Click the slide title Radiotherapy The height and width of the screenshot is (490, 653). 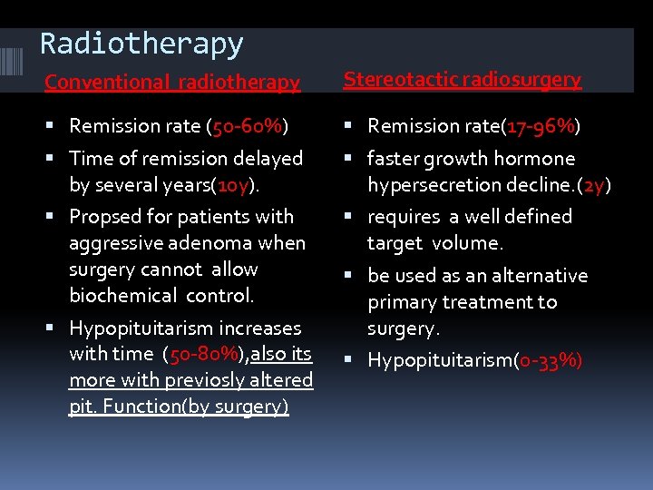click(141, 43)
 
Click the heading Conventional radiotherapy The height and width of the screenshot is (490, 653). click(172, 82)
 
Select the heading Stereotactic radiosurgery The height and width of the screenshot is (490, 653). click(462, 79)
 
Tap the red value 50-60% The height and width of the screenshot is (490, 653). click(249, 125)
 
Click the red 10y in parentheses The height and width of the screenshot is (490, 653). click(227, 184)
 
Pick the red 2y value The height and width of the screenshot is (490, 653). click(595, 184)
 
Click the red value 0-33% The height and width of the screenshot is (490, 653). click(548, 360)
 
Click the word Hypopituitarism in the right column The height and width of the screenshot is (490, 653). click(439, 360)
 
